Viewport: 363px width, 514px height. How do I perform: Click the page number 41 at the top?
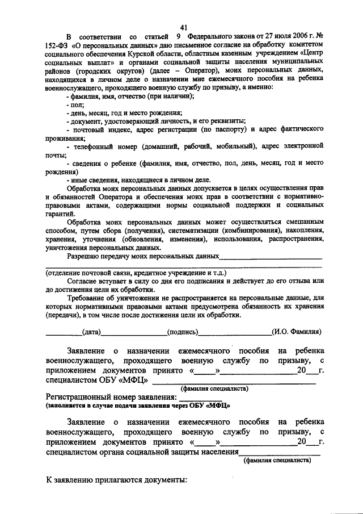click(x=183, y=27)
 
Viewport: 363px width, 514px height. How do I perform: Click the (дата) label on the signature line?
click(x=91, y=332)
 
